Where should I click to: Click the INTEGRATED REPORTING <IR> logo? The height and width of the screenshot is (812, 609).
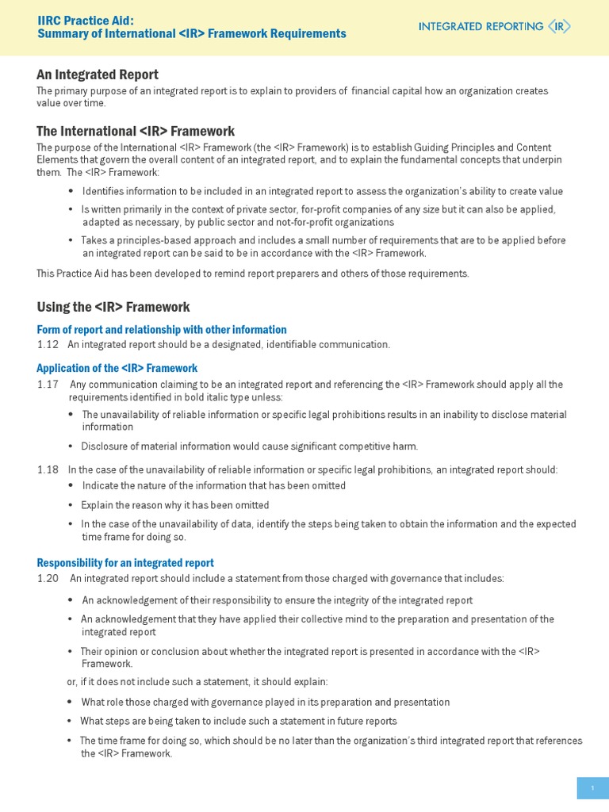pyautogui.click(x=494, y=26)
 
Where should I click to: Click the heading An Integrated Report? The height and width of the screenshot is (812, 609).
pyautogui.click(x=98, y=75)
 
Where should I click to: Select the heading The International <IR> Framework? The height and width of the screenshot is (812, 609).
pyautogui.click(x=136, y=131)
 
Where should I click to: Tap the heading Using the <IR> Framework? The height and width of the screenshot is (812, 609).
pyautogui.click(x=113, y=307)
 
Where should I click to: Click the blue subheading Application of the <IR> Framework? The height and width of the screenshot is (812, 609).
pyautogui.click(x=117, y=368)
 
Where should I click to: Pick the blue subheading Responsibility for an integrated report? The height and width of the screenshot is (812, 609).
pyautogui.click(x=125, y=563)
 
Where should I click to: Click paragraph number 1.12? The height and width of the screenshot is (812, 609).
pyautogui.click(x=48, y=345)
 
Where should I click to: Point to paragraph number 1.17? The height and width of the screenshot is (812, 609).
pyautogui.click(x=48, y=385)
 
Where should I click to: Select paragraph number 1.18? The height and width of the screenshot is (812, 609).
pyautogui.click(x=48, y=470)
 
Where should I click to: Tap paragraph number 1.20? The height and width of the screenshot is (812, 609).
pyautogui.click(x=48, y=579)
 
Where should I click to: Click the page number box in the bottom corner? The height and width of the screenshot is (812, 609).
pyautogui.click(x=592, y=787)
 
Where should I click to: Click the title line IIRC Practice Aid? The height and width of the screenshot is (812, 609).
pyautogui.click(x=86, y=20)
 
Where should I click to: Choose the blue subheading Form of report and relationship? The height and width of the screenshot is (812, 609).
pyautogui.click(x=162, y=330)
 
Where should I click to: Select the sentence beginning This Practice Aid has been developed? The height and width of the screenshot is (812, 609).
pyautogui.click(x=253, y=274)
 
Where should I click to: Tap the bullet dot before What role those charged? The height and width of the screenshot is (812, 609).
pyautogui.click(x=71, y=703)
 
